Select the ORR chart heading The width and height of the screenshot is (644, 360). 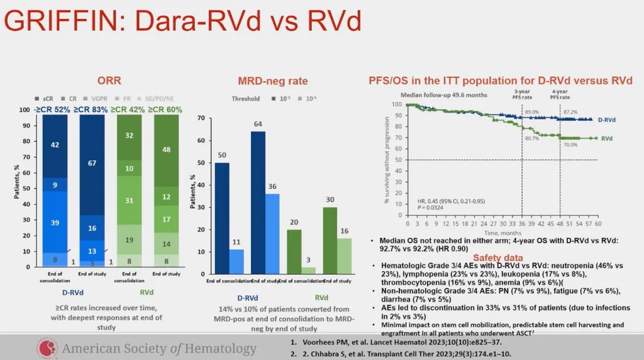(109, 81)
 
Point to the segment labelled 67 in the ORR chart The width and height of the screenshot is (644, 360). (92, 164)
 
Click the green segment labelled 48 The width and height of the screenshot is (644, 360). (166, 150)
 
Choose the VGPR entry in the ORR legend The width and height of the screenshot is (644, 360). (97, 99)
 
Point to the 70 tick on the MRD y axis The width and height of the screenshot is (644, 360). (201, 118)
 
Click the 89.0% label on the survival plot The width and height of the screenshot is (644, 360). (531, 111)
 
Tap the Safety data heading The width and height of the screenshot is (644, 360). (497, 258)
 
